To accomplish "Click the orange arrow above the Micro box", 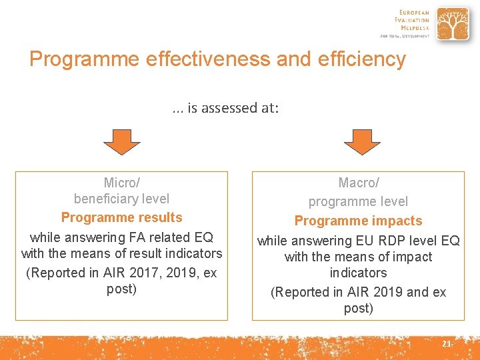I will click(121, 141).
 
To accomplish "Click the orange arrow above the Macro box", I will click(361, 141).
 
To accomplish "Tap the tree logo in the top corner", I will click(452, 25).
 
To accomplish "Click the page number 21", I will click(446, 344).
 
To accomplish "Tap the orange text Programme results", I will click(121, 218).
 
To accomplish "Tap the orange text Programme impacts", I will click(358, 221).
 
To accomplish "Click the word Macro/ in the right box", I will click(358, 183).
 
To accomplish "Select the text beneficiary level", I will click(121, 199).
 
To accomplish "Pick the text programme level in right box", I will click(358, 201).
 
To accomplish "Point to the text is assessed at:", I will click(233, 108).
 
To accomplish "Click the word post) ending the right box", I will click(358, 308).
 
